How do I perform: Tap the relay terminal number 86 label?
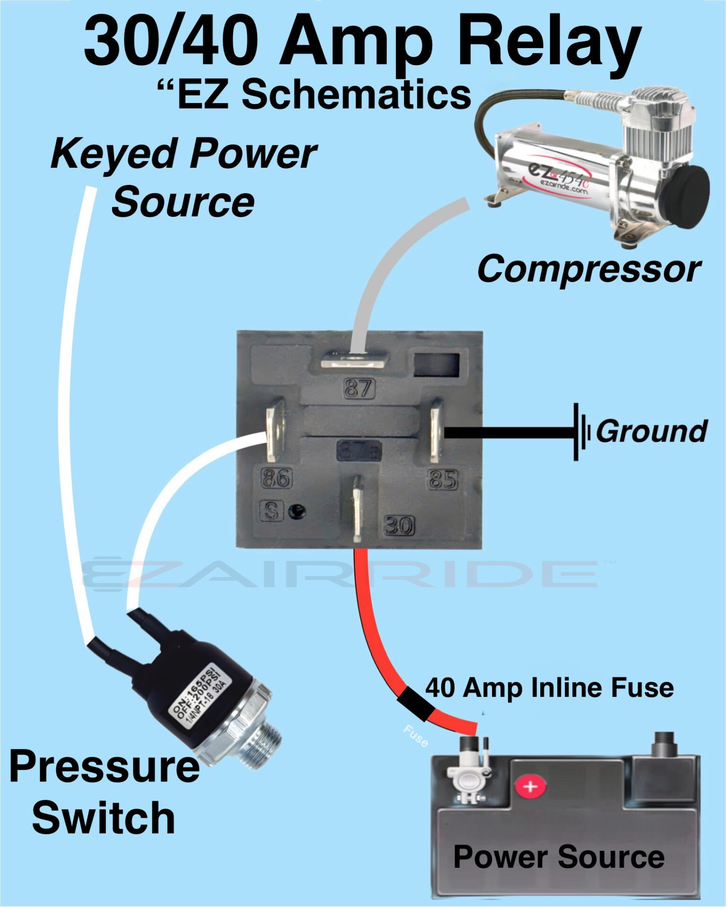click(277, 478)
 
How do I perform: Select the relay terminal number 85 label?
click(442, 479)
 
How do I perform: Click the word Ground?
click(651, 431)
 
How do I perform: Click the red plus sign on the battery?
click(530, 787)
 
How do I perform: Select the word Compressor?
click(589, 269)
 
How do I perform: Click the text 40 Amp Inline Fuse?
click(549, 687)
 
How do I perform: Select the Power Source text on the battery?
click(559, 856)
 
